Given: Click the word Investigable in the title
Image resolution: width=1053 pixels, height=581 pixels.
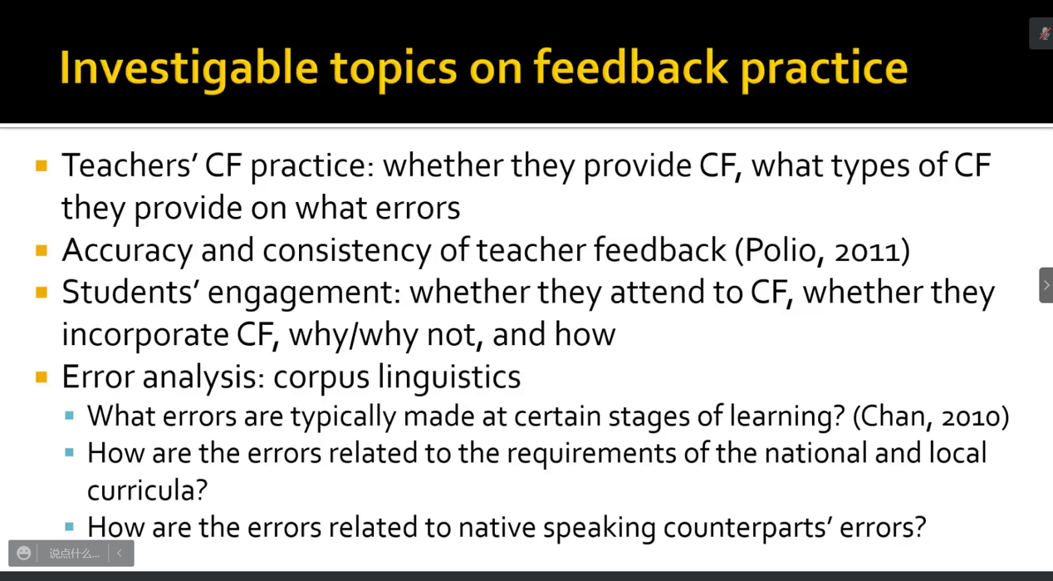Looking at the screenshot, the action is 189,69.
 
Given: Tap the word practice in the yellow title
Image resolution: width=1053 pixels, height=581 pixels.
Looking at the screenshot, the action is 824,69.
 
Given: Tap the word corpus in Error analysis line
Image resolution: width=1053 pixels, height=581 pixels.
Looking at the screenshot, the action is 321,378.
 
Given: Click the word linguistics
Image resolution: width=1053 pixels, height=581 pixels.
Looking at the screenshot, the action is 449,377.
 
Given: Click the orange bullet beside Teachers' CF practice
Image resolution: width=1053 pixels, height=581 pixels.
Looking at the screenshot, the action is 42,165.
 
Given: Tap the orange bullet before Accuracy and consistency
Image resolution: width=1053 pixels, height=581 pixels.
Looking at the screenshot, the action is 42,250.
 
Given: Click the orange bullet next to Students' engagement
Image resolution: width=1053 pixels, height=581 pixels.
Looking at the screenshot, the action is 42,293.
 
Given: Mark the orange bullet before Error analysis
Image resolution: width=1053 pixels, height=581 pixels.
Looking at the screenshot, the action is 42,377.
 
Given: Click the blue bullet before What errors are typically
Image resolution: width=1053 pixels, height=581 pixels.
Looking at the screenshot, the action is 69,416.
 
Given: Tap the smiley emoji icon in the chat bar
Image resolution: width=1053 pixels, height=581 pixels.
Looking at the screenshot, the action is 23,553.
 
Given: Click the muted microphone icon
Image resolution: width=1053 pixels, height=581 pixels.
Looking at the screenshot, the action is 1045,33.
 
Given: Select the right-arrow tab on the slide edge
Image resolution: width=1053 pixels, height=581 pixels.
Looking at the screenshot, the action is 1046,285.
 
